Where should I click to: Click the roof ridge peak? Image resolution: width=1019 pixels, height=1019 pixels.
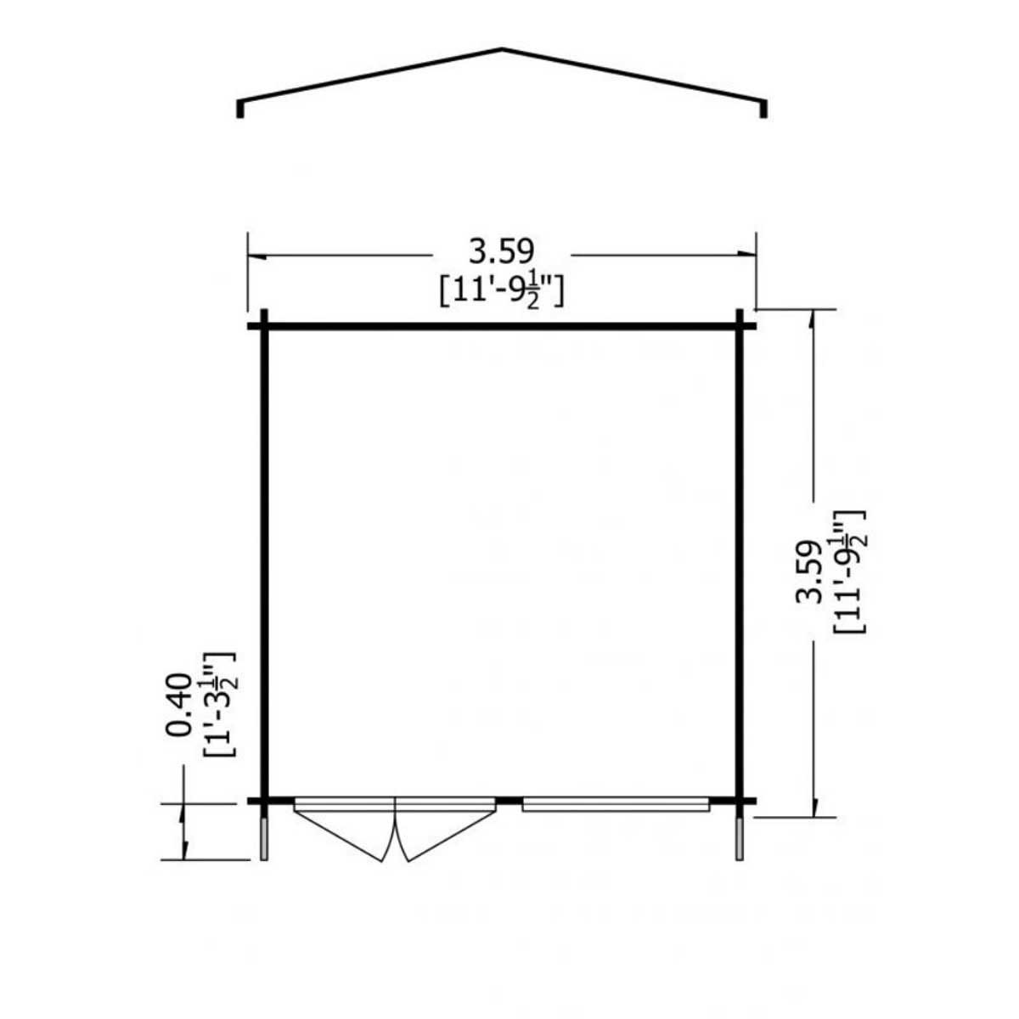coord(501,49)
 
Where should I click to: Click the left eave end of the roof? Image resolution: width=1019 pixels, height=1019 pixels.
coord(239,109)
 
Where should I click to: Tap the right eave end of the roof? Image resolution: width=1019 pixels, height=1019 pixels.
coord(763,109)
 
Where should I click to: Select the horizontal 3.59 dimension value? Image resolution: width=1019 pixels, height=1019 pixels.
coord(502,251)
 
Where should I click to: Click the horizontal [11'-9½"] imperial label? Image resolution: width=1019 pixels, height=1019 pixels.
coord(502,292)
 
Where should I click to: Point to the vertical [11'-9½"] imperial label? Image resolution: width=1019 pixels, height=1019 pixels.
coord(848,571)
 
